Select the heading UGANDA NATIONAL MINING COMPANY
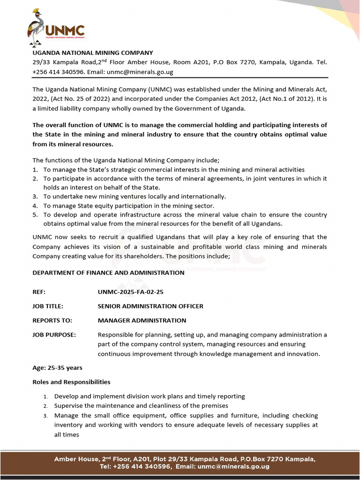tap(92, 52)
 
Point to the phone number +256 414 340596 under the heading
tap(58, 72)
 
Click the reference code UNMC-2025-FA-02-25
tap(130, 292)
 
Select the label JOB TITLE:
tap(48, 306)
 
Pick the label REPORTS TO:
tap(52, 321)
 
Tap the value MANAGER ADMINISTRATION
tap(142, 321)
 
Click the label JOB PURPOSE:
tap(54, 335)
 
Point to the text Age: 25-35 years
tap(57, 367)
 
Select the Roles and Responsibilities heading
tap(71, 382)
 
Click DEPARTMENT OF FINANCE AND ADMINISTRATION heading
tap(108, 272)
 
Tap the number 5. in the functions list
tap(35, 215)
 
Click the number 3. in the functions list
tap(35, 196)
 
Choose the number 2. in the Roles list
tap(45, 406)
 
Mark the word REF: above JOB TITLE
tap(39, 292)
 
